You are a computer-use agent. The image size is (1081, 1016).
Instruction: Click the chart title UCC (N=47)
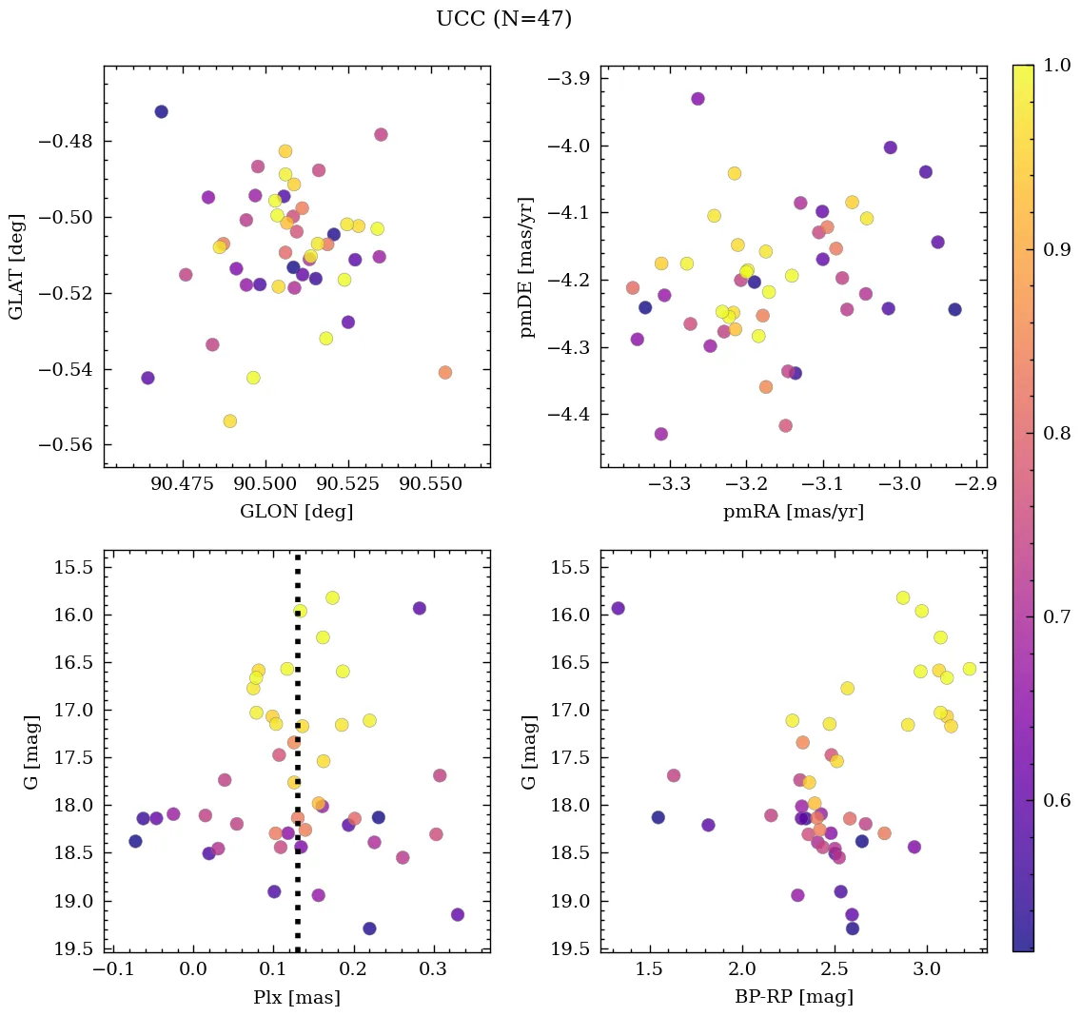503,19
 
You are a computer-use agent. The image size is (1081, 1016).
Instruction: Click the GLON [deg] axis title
296,512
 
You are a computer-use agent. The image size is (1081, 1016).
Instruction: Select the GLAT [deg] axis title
16,266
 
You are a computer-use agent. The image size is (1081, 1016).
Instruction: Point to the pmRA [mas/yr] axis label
794,512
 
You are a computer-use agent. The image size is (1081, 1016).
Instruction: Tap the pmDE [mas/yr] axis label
526,267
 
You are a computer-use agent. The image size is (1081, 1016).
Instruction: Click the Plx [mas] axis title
296,997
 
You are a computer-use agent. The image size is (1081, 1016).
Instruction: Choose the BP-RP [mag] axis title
794,997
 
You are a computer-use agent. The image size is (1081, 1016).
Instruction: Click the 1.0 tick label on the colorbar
1057,67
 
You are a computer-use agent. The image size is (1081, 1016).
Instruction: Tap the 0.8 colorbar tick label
1057,434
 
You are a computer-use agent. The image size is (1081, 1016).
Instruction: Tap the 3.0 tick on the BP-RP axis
927,969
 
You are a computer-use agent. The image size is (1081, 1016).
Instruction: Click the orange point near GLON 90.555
444,372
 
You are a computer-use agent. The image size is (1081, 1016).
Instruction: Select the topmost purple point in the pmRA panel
698,99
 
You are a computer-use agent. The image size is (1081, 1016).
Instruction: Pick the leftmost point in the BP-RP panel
618,608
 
